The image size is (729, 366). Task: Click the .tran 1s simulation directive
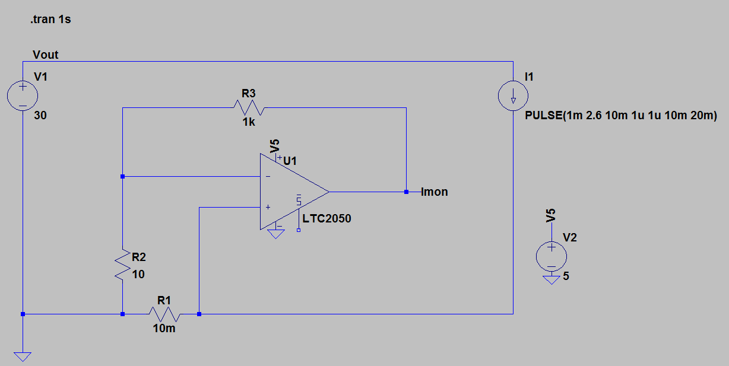(x=50, y=20)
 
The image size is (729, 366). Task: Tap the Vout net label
(x=46, y=55)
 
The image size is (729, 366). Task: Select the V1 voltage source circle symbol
(x=23, y=96)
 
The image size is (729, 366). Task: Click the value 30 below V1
(x=40, y=116)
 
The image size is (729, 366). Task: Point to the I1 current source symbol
(x=512, y=96)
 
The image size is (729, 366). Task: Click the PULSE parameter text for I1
(x=621, y=116)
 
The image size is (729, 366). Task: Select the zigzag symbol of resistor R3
(x=249, y=107)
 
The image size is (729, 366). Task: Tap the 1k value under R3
(x=249, y=122)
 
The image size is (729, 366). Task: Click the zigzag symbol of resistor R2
(x=122, y=265)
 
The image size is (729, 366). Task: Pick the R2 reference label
(x=139, y=257)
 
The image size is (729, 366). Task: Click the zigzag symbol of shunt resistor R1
(x=164, y=314)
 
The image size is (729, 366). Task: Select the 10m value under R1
(x=164, y=329)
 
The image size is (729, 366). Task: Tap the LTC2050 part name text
(x=327, y=218)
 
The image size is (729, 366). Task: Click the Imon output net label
(x=434, y=192)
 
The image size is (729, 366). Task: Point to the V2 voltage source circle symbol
(x=551, y=257)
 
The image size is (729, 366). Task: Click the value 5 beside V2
(x=566, y=276)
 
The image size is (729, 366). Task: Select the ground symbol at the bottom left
(x=23, y=356)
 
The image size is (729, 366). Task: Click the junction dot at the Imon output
(x=406, y=192)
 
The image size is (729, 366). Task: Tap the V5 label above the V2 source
(x=551, y=215)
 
